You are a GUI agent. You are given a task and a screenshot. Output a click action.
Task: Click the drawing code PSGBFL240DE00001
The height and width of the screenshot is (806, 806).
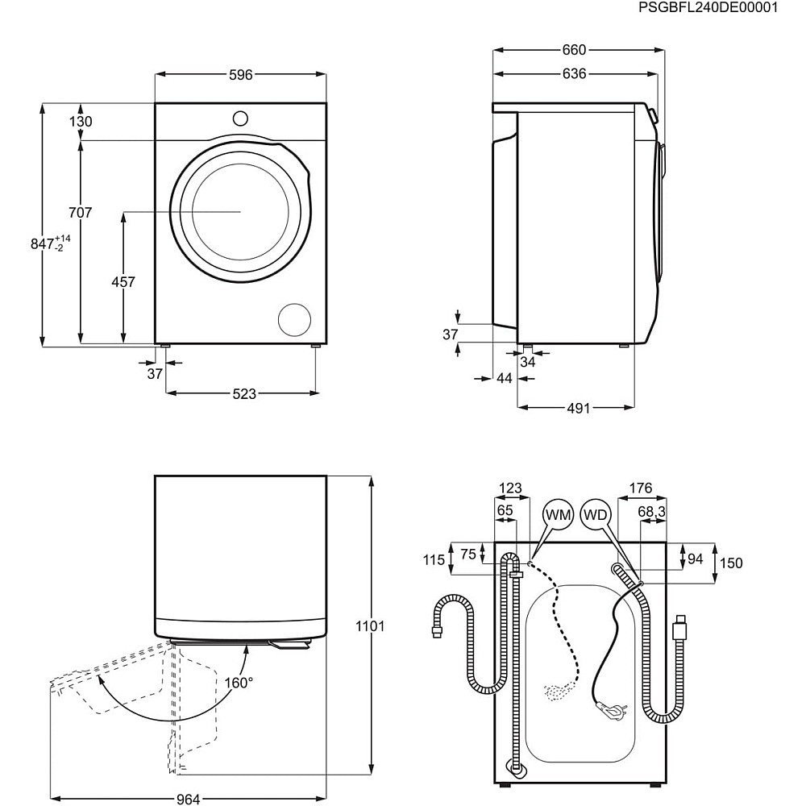[x=708, y=8]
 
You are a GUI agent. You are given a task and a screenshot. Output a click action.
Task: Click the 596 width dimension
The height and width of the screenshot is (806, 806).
[x=240, y=75]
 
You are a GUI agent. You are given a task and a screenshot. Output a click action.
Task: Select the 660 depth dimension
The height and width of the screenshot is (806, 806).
[x=574, y=50]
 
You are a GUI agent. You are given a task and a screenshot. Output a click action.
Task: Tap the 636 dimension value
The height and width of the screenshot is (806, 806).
[x=574, y=74]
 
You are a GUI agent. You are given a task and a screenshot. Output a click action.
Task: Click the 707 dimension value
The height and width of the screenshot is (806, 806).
[x=81, y=213]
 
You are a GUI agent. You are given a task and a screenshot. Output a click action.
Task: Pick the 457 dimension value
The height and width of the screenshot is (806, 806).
[x=123, y=282]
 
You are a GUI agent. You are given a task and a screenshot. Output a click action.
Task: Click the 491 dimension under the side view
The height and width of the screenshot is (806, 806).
[x=578, y=408]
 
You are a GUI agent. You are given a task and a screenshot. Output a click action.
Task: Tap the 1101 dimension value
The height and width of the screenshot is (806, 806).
[x=370, y=626]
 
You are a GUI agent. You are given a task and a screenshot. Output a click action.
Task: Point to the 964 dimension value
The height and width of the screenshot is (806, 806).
[x=188, y=799]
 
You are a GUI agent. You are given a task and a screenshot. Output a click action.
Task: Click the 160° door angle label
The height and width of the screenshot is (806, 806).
[x=239, y=683]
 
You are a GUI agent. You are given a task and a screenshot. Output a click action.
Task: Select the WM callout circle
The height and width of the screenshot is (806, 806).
[x=558, y=515]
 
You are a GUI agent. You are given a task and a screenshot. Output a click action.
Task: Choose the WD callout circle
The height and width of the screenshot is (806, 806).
[x=597, y=515]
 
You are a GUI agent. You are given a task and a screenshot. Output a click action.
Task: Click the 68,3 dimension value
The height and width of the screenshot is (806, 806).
[x=651, y=512]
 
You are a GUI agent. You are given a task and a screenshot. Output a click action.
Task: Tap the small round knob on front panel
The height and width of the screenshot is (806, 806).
[x=240, y=118]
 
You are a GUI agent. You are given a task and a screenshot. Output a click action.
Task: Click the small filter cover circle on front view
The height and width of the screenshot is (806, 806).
[x=294, y=320]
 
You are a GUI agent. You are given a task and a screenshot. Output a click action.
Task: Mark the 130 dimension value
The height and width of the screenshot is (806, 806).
[x=81, y=122]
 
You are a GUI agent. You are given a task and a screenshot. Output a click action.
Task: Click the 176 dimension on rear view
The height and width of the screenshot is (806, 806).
[x=640, y=488]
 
